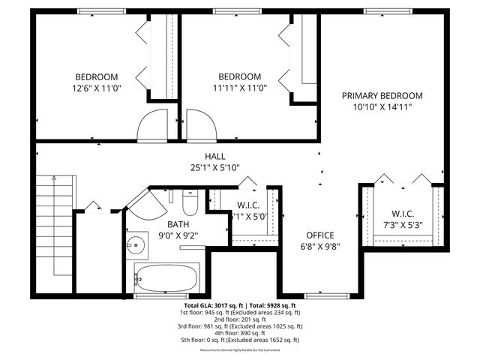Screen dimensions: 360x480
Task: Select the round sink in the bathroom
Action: [136, 244]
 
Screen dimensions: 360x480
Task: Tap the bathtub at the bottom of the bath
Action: [166, 278]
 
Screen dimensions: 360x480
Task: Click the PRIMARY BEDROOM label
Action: [382, 96]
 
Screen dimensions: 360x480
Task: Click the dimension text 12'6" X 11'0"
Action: [96, 88]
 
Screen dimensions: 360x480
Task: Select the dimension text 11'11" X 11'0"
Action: [239, 88]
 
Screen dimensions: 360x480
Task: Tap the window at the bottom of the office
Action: [320, 295]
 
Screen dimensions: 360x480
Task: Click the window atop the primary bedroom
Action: [387, 11]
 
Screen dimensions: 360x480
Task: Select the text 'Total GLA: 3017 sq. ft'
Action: [212, 306]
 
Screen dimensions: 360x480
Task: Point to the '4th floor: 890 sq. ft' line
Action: [240, 333]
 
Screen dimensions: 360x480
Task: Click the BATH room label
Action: [178, 224]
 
